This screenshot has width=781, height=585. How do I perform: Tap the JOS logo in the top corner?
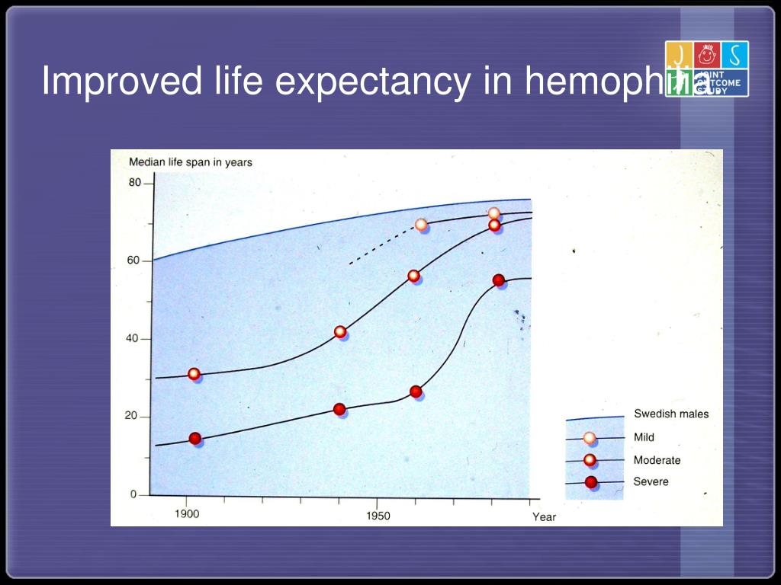point(706,69)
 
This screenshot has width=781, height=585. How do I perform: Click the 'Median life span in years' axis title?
point(190,161)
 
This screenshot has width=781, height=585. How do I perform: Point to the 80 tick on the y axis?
point(135,183)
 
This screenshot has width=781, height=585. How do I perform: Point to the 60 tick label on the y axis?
point(134,261)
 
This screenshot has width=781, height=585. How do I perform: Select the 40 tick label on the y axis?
point(134,338)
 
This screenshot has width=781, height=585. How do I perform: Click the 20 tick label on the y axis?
point(134,416)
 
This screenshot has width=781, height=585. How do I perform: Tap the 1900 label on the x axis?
point(187,514)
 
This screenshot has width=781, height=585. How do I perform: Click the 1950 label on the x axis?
point(378,516)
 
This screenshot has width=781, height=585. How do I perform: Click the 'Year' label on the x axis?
point(544,517)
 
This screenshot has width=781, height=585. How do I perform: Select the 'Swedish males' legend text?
point(670,414)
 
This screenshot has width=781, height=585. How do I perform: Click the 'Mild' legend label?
point(644,437)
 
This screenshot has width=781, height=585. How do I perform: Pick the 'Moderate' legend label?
point(657,460)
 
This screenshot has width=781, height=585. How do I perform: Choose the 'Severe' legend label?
point(651,481)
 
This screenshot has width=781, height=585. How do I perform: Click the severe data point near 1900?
point(195,439)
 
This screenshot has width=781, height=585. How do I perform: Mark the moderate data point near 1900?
point(194,374)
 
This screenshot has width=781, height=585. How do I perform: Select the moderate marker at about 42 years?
point(340,332)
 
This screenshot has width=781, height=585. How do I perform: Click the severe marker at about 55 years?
point(499,280)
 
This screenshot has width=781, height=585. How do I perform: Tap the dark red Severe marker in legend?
point(590,482)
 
